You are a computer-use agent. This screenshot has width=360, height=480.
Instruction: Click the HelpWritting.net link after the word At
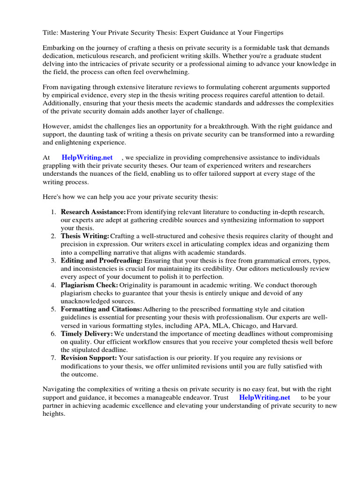pos(87,158)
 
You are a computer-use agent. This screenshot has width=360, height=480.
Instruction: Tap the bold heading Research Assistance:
pos(93,212)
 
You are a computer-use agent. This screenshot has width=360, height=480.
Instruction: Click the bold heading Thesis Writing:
pos(85,236)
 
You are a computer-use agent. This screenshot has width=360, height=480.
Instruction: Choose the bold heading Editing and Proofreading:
pos(102,261)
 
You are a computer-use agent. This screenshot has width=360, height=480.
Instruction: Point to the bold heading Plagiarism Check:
pos(89,285)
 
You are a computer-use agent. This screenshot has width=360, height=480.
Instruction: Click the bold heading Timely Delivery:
pos(87,334)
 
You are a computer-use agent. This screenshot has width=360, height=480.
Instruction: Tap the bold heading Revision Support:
pos(88,358)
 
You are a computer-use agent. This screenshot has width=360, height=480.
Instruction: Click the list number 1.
pos(53,212)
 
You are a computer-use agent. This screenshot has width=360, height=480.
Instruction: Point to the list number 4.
pos(53,285)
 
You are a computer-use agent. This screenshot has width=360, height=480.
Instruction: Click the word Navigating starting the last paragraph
pos(60,389)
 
